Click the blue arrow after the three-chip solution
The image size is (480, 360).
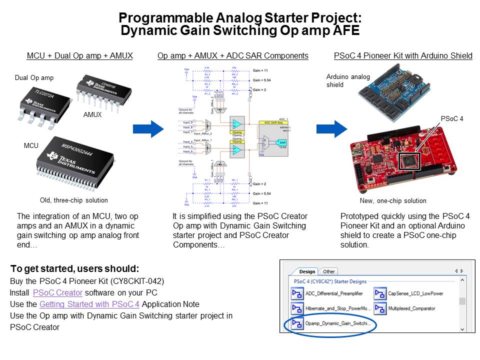tap(148, 129)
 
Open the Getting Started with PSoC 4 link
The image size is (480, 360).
tap(90, 304)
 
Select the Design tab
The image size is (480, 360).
tap(306, 271)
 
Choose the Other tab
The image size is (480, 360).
tap(328, 271)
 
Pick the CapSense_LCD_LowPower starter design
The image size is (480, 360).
tap(415, 294)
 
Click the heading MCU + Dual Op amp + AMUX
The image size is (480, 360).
tap(79, 55)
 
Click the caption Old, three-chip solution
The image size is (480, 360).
tap(73, 200)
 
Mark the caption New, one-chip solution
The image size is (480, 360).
tap(393, 200)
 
